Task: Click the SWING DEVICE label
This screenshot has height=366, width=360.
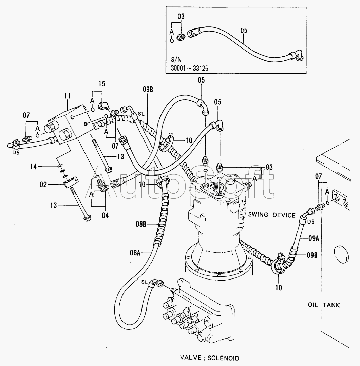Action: (x=272, y=215)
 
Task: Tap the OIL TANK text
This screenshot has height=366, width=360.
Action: (x=324, y=305)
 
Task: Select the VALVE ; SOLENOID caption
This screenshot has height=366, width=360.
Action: (x=209, y=358)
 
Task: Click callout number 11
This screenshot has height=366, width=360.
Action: (x=68, y=96)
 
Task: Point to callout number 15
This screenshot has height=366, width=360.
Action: (x=102, y=84)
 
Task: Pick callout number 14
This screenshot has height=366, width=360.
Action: (x=33, y=167)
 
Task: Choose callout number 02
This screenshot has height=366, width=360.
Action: (x=43, y=185)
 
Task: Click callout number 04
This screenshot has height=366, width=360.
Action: (x=105, y=215)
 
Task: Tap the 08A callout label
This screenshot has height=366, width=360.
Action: (x=135, y=253)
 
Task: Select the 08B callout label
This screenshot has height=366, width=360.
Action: (x=141, y=224)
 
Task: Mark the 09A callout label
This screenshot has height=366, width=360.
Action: (x=314, y=238)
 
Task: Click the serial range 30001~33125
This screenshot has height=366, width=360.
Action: (x=189, y=68)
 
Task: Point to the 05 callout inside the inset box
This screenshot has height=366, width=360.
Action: (x=244, y=31)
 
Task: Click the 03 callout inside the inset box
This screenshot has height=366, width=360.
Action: (x=181, y=16)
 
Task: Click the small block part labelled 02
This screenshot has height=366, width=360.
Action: (x=71, y=181)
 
